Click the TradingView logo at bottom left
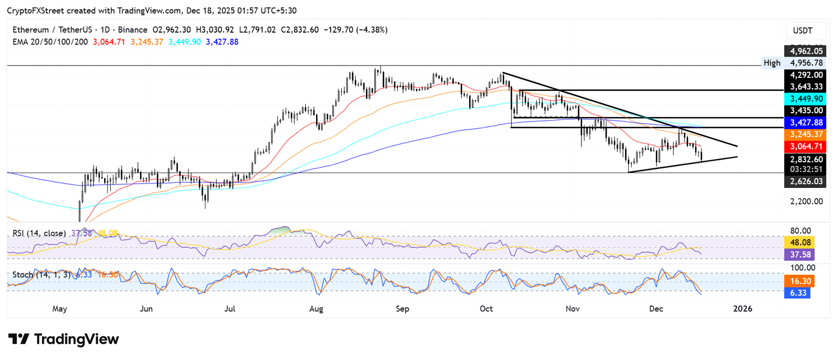tap(63, 339)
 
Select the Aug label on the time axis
tap(316, 309)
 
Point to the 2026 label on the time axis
tap(742, 309)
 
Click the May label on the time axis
tap(59, 309)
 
